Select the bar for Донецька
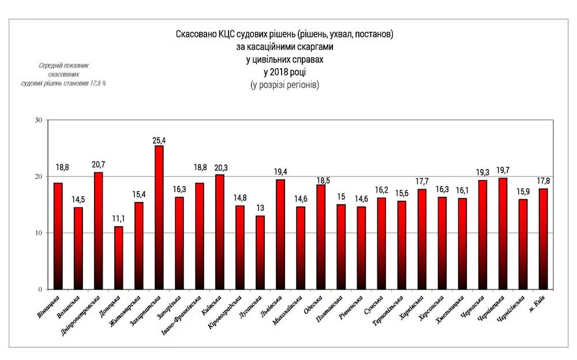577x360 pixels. coord(118,258)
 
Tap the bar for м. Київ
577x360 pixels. coord(542,239)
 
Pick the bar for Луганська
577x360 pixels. coord(260,253)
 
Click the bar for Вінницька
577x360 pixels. coord(58,236)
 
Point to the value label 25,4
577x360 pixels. coord(159,140)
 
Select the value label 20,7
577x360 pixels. coord(98,165)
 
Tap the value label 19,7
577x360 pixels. coord(502,170)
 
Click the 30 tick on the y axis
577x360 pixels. coord(39,120)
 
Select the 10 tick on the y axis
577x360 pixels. coord(39,233)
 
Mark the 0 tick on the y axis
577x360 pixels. coord(40,290)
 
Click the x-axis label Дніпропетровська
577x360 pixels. coord(81,315)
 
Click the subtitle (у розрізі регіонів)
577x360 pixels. coord(284,85)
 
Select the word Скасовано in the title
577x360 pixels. coord(196,35)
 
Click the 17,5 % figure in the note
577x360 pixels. coord(98,84)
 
